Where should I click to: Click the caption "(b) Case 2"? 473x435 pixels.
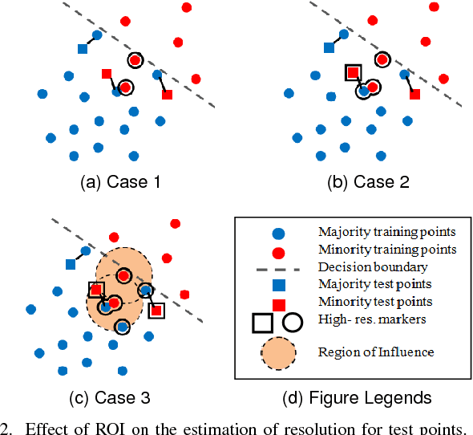369,181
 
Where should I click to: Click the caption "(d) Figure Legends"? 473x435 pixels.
352,397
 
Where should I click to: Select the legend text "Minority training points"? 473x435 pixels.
377,250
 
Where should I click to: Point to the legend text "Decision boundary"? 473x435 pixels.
361,266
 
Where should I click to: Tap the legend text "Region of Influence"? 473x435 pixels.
365,352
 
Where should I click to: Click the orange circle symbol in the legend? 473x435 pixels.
278,351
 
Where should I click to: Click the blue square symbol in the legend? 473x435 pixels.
278,285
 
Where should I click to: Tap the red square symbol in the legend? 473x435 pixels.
278,303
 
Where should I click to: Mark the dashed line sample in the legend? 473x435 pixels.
277,268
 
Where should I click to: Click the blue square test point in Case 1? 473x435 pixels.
82,49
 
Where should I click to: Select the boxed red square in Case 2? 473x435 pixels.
351,73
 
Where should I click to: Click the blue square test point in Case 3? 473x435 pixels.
71,264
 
